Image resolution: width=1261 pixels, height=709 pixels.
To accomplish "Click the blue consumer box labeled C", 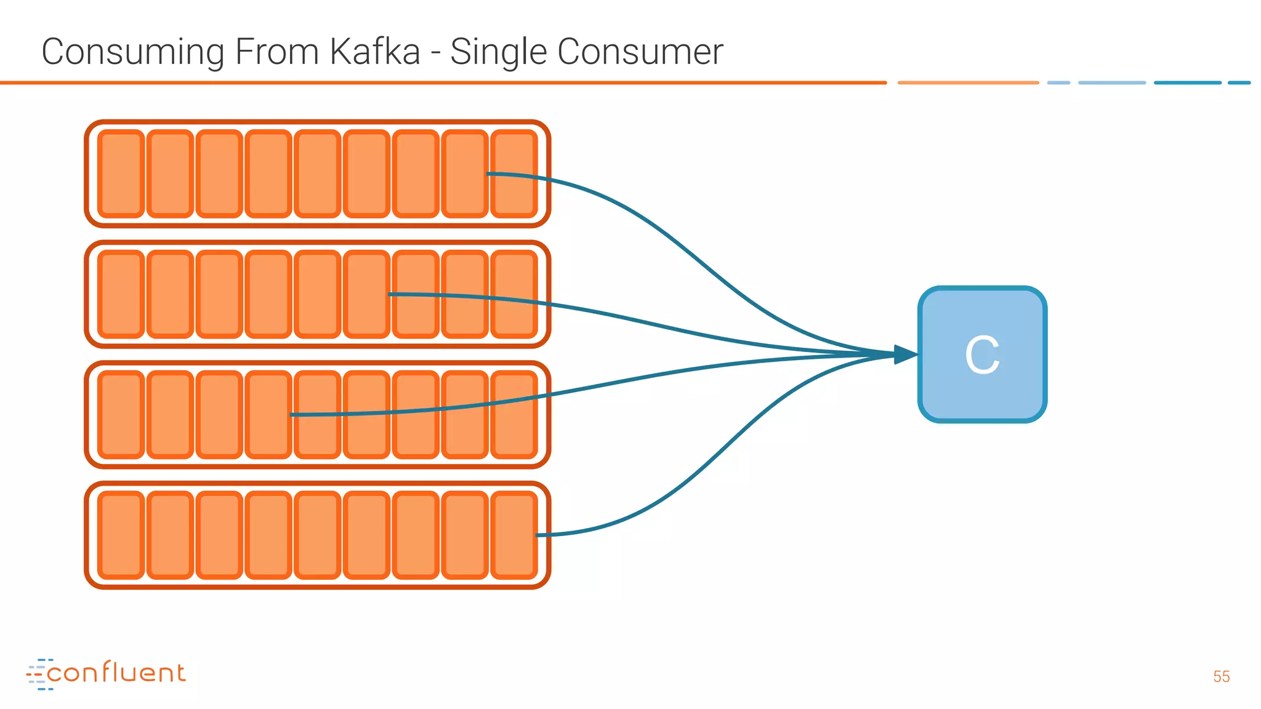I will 982,354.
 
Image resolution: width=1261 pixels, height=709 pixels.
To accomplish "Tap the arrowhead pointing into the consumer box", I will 905,354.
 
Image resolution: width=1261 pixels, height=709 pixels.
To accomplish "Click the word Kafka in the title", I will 375,52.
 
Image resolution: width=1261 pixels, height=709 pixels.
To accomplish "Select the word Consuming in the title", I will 132,52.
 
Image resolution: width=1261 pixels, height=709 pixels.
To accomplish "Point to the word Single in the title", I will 498,52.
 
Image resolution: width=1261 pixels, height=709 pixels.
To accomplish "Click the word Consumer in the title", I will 640,52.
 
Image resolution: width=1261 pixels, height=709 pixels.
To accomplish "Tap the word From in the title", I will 276,52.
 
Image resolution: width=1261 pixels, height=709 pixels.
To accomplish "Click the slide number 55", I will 1221,676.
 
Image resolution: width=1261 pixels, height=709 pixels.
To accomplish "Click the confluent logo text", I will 116,673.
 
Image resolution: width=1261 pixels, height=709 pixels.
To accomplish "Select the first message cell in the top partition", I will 121,174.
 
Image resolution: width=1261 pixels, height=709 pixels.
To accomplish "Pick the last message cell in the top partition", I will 514,174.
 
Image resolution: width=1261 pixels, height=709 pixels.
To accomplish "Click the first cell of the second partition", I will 121,294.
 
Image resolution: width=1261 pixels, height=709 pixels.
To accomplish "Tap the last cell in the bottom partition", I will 514,535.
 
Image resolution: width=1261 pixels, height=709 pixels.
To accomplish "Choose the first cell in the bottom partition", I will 121,535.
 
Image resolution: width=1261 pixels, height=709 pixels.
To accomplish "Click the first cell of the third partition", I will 121,415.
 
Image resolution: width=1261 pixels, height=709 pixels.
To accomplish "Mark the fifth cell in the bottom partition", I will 318,535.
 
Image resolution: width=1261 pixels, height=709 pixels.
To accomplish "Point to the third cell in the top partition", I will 219,174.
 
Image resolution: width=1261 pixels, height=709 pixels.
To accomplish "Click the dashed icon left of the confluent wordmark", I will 38,674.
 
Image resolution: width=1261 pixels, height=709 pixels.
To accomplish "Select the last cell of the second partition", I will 514,294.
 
